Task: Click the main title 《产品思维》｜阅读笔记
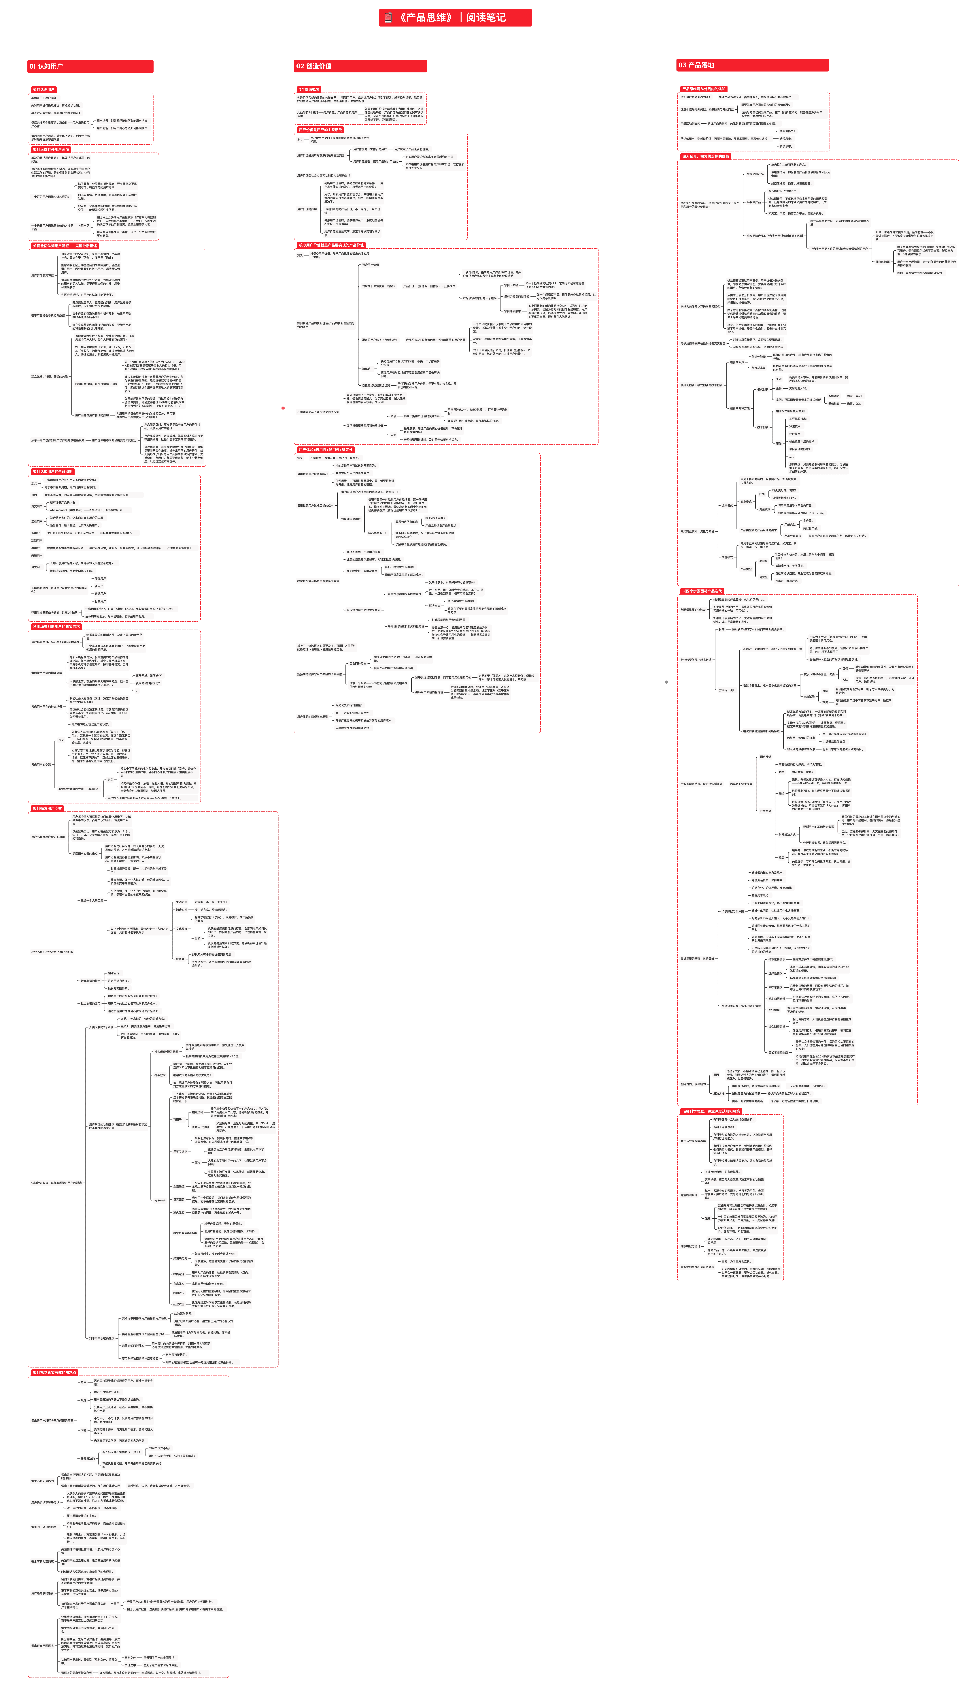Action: pyautogui.click(x=455, y=17)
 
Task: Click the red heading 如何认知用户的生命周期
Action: pyautogui.click(x=53, y=471)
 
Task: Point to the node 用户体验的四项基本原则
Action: pyautogui.click(x=313, y=716)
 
